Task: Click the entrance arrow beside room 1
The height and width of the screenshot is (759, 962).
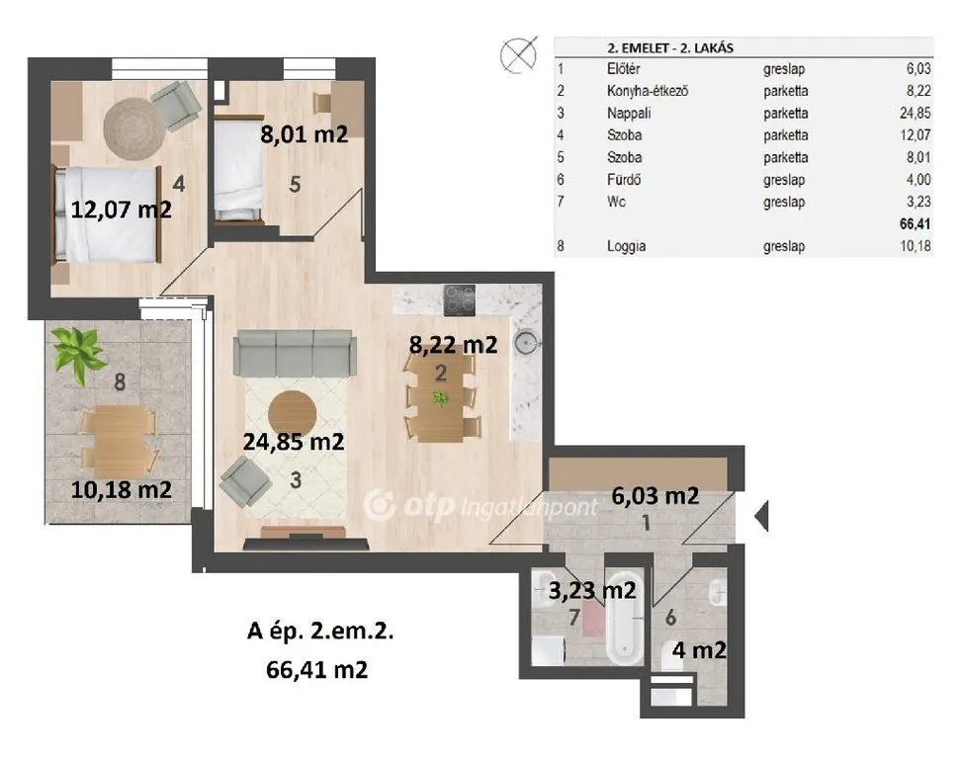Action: (x=761, y=516)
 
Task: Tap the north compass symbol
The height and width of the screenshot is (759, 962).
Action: (x=519, y=54)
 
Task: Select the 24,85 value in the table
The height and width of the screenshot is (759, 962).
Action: (x=915, y=113)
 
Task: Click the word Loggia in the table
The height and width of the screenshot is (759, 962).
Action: (x=626, y=246)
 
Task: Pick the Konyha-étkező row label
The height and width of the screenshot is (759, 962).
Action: (x=648, y=91)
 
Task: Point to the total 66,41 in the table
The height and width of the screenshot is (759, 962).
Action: (x=915, y=223)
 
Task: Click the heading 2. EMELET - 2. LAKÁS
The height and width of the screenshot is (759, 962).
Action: (x=670, y=47)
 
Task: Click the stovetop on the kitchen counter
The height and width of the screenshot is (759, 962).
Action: (x=460, y=299)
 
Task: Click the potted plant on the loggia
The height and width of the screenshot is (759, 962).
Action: (x=78, y=353)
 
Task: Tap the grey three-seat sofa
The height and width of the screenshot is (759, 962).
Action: (x=295, y=353)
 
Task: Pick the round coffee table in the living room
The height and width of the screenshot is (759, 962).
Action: (x=292, y=414)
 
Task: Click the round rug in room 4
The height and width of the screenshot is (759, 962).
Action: (x=133, y=128)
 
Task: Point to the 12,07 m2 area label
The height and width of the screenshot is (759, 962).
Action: (x=121, y=210)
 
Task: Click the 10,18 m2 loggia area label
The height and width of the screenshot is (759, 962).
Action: (x=121, y=489)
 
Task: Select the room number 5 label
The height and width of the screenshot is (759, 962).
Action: (x=295, y=184)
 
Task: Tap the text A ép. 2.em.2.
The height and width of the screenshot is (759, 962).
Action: (x=319, y=631)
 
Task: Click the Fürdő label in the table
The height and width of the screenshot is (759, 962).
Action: (x=624, y=180)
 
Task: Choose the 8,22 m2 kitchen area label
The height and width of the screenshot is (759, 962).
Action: (x=453, y=345)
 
